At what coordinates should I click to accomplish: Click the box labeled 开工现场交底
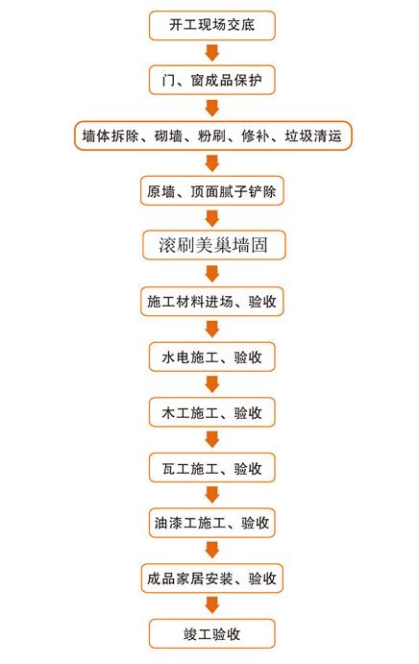click(211, 25)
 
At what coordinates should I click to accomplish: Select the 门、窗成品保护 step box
click(211, 80)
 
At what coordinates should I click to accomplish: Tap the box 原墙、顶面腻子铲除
click(211, 191)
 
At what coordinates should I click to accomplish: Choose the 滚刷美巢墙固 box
click(213, 245)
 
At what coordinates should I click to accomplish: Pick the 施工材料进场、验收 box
click(211, 302)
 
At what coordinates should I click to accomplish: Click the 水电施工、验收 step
click(211, 357)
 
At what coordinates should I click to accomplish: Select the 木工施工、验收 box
click(211, 412)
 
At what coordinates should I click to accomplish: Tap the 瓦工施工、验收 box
click(211, 468)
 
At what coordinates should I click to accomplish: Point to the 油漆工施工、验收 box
click(211, 523)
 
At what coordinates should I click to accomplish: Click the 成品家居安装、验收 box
click(211, 578)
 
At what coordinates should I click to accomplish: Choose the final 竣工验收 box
click(211, 634)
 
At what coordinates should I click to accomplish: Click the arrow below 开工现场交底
click(211, 53)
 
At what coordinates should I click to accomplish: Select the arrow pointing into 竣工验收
click(211, 605)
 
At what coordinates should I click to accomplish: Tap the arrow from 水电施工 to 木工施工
click(211, 384)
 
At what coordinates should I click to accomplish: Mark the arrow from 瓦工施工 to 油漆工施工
click(211, 495)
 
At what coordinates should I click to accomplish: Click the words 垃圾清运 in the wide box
click(313, 135)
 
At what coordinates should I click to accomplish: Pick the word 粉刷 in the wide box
click(211, 135)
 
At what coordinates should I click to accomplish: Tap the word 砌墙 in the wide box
click(168, 135)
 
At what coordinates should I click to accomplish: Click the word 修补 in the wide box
click(256, 135)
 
